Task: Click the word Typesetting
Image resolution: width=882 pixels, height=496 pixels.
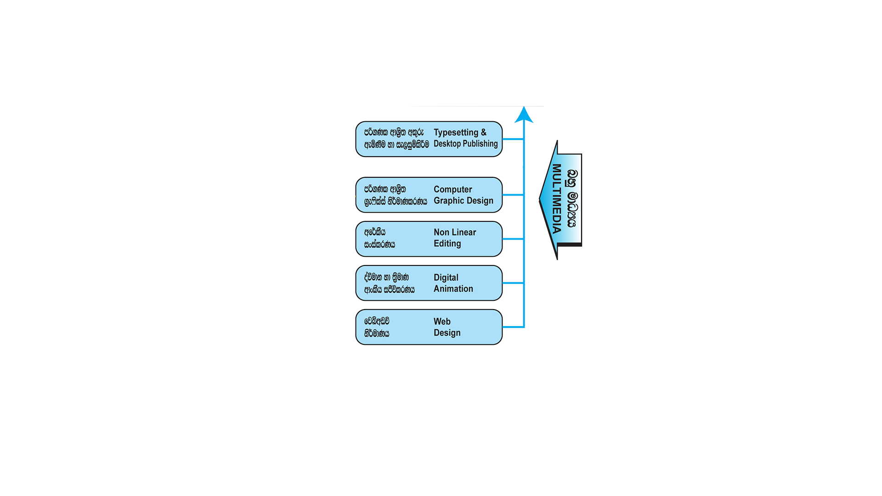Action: tap(456, 133)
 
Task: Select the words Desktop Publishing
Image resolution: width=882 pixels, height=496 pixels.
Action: tap(465, 144)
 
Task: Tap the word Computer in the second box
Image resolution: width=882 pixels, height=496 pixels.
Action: tap(452, 189)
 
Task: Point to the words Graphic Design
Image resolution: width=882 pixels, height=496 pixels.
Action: tap(463, 201)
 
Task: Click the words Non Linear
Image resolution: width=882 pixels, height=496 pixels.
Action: tap(455, 232)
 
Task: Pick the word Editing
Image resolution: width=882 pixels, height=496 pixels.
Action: tap(447, 243)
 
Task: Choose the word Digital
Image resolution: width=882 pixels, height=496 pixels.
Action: tap(446, 277)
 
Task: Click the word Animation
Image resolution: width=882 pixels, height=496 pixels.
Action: tap(453, 289)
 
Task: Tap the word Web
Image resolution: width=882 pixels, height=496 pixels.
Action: tap(442, 321)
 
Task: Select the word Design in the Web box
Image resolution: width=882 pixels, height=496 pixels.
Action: tap(447, 333)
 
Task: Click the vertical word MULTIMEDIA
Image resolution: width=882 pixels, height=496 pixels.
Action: tap(557, 198)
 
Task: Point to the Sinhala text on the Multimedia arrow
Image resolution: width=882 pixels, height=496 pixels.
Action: tap(571, 198)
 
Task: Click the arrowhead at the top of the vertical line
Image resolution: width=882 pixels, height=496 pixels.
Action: tap(524, 115)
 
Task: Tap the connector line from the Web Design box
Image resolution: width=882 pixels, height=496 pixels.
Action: tap(513, 327)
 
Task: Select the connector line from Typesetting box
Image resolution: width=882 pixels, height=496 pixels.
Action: tap(513, 139)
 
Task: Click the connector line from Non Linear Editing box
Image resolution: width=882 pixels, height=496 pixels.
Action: tap(513, 239)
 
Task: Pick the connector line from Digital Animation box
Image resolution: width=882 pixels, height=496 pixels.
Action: tap(513, 283)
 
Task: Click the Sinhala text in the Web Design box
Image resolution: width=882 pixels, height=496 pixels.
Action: tap(377, 327)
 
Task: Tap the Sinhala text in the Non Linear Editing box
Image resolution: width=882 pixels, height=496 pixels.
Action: tap(379, 238)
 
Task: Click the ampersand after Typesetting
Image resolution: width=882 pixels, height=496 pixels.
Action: tap(483, 132)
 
